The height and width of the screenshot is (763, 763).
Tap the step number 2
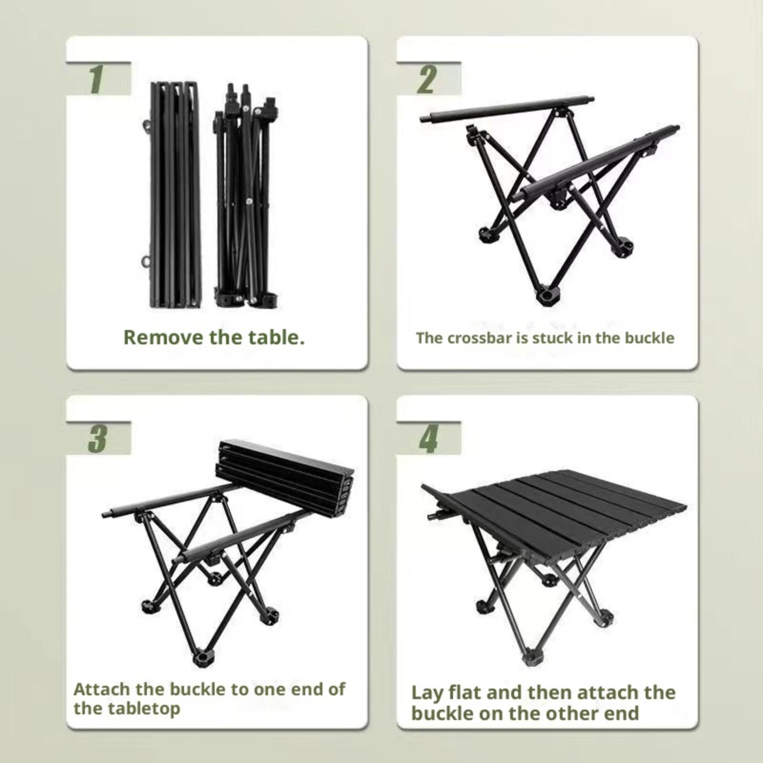426,80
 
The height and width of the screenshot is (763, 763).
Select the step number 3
97,439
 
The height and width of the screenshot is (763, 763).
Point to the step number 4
428,440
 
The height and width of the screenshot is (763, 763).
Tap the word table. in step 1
277,337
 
